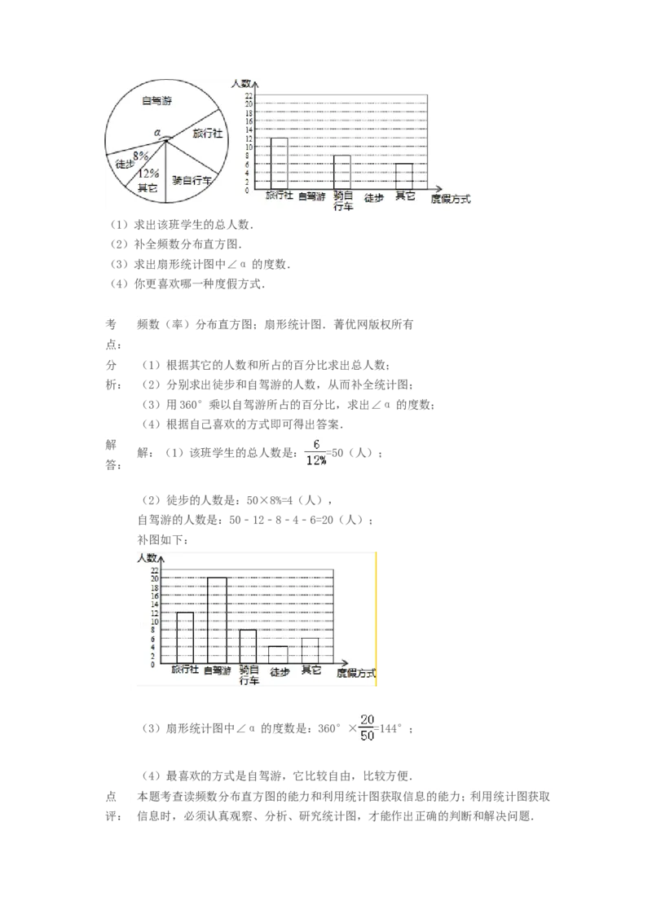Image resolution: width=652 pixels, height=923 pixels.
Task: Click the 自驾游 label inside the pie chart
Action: point(160,101)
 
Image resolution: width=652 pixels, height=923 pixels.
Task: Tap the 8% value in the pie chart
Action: point(141,154)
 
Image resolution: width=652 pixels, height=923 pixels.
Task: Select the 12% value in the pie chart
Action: point(148,173)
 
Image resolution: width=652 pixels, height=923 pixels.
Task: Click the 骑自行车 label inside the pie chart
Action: point(192,179)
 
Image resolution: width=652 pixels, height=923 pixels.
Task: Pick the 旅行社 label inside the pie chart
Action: point(207,134)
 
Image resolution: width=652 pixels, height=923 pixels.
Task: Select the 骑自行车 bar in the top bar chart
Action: point(342,172)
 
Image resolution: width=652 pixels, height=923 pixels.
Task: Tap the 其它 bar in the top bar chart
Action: point(404,176)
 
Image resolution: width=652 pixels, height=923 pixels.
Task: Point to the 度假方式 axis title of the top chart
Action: point(451,199)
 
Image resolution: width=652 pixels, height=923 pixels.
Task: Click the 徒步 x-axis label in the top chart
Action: point(374,197)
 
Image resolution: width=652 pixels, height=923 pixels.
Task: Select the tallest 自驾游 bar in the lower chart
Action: point(217,620)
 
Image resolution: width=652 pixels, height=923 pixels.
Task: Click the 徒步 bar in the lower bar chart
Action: point(279,655)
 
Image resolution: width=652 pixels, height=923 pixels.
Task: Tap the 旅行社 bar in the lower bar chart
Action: point(185,638)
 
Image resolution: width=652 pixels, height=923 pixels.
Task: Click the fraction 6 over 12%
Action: point(317,454)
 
